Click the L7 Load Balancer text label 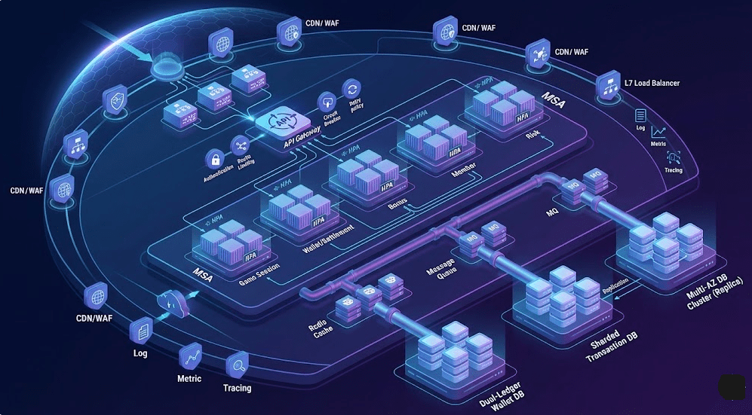point(652,83)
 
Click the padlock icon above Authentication point(215,159)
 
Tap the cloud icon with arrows point(167,304)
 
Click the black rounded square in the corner point(732,386)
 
